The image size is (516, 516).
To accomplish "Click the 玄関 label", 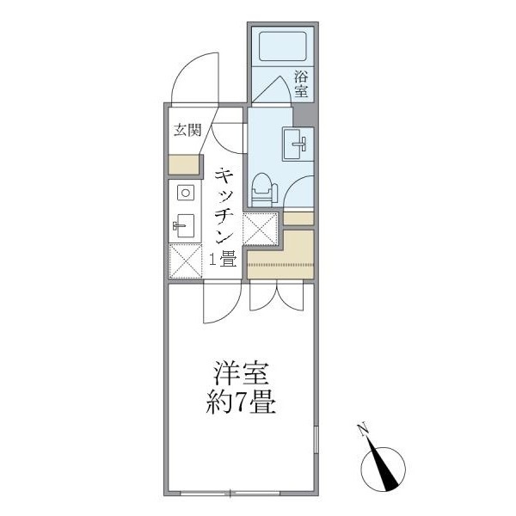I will pos(187,131).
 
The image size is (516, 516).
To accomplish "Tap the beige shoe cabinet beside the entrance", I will pos(183,163).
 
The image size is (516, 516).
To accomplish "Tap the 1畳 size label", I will pos(223,257).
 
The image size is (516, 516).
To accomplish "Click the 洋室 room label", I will pos(243,376).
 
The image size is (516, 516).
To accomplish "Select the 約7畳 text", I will pos(243,402).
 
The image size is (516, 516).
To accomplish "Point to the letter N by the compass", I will pos(364,430).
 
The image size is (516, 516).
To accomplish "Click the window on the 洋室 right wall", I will pos(316,448).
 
